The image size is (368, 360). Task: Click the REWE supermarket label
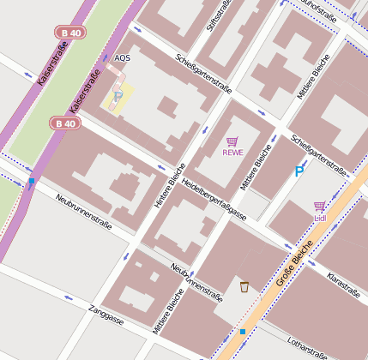pos(232,153)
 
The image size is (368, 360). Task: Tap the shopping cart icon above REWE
pos(232,141)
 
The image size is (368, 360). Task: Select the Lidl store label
pos(320,218)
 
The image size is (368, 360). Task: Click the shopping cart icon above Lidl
pos(319,207)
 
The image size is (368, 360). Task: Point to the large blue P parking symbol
pos(299,171)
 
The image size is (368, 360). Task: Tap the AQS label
pos(123,58)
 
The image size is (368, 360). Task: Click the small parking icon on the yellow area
pos(118,96)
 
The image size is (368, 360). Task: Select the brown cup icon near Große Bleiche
pos(244,286)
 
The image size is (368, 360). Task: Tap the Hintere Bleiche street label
pos(170,186)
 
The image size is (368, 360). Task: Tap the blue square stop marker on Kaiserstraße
pos(32,182)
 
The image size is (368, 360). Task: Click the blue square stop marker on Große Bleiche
pos(243,332)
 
